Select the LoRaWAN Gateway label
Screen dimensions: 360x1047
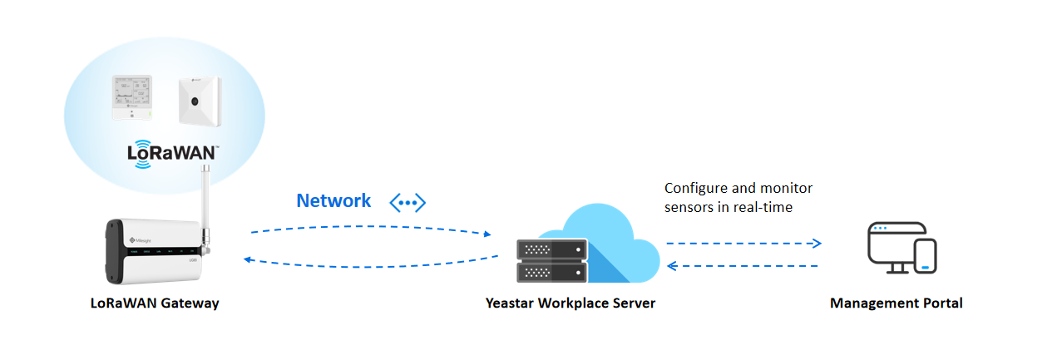click(155, 303)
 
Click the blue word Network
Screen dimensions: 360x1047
click(333, 200)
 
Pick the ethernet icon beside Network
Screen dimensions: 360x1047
click(407, 202)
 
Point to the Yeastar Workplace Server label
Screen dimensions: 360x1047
click(570, 303)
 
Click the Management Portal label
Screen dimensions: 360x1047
click(896, 303)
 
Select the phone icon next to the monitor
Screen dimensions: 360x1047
click(925, 256)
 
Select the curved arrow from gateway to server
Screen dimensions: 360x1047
click(370, 227)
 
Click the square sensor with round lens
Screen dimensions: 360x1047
click(198, 101)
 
